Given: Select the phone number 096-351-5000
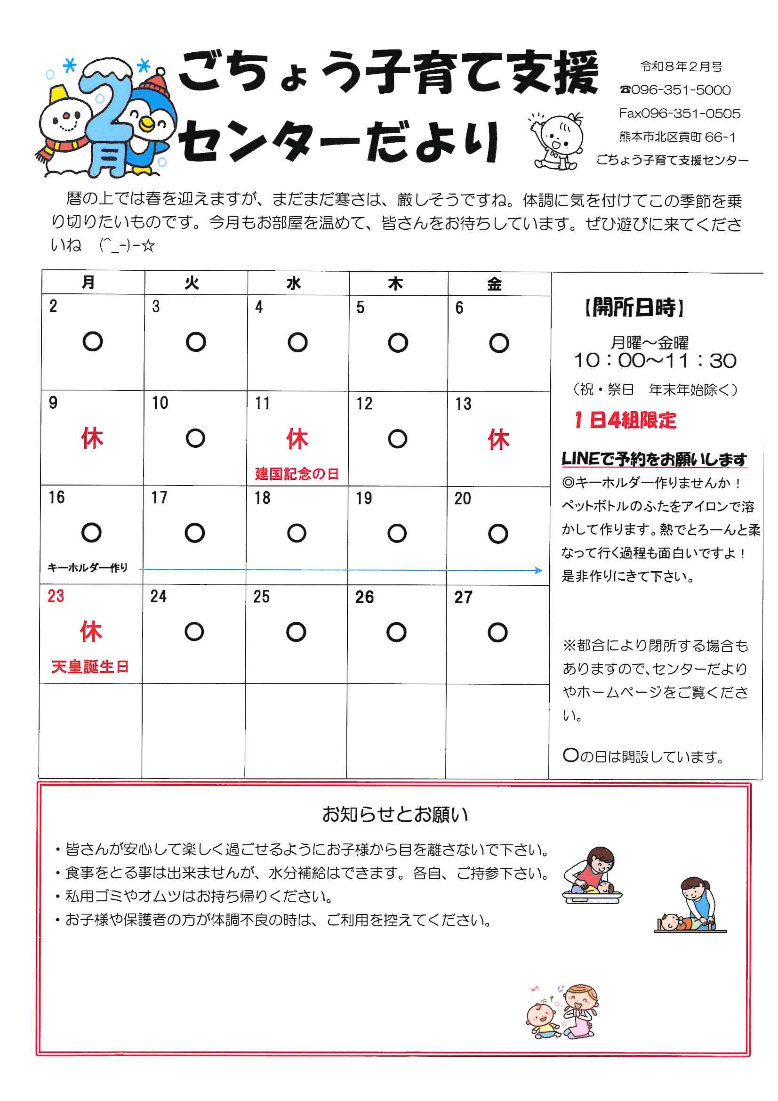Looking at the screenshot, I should coord(681,90).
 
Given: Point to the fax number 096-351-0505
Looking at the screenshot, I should coord(691,113).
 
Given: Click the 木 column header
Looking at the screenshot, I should coord(395,284).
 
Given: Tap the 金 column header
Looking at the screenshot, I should coord(494,284).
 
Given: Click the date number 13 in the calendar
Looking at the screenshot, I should coord(463,404).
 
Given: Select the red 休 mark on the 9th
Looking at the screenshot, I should coord(92,438).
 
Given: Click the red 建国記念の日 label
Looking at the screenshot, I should coord(297,474).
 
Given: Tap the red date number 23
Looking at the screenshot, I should coord(56,596).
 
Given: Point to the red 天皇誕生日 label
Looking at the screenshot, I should coord(90,666).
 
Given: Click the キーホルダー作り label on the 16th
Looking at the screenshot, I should coord(88,568).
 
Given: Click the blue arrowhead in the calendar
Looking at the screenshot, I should coord(539,570).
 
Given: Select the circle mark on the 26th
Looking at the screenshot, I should coord(396,632).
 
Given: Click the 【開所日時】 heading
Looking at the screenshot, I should coord(634,308).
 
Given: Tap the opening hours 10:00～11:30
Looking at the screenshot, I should coord(655,361).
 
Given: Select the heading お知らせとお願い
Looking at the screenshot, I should coord(394,814).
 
